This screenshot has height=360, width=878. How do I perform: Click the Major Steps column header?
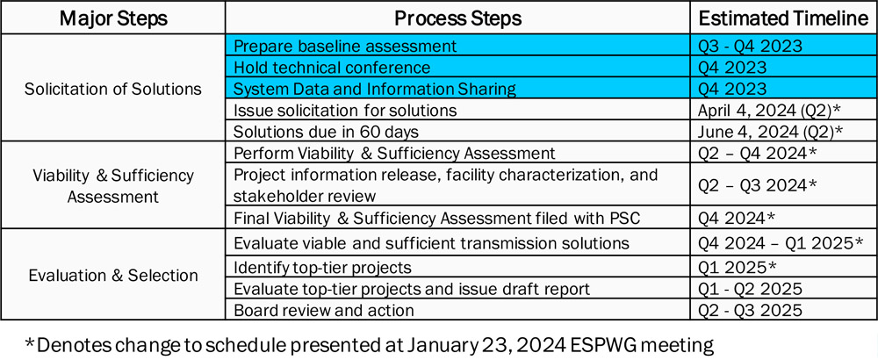(x=113, y=18)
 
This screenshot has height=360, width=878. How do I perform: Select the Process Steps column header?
(x=457, y=18)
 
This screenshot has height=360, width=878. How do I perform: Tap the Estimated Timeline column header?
(x=783, y=18)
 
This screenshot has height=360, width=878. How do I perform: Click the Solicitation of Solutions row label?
(x=113, y=89)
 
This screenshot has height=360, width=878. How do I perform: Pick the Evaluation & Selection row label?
(x=113, y=276)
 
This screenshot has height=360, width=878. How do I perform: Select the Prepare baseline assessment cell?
(x=345, y=46)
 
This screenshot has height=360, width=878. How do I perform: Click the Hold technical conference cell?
(x=332, y=68)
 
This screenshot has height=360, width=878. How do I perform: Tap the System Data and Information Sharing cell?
(x=374, y=89)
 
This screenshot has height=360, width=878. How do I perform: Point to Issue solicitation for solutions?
(x=345, y=111)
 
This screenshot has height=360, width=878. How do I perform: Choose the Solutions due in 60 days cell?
(x=327, y=132)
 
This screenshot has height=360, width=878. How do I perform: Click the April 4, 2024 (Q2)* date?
(x=769, y=111)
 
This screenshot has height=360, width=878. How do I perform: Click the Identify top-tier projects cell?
(x=322, y=267)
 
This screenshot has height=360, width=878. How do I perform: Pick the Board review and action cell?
(x=324, y=310)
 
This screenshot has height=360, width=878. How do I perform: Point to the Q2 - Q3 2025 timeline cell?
(x=750, y=310)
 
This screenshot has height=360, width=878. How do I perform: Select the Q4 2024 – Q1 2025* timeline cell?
(x=781, y=243)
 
